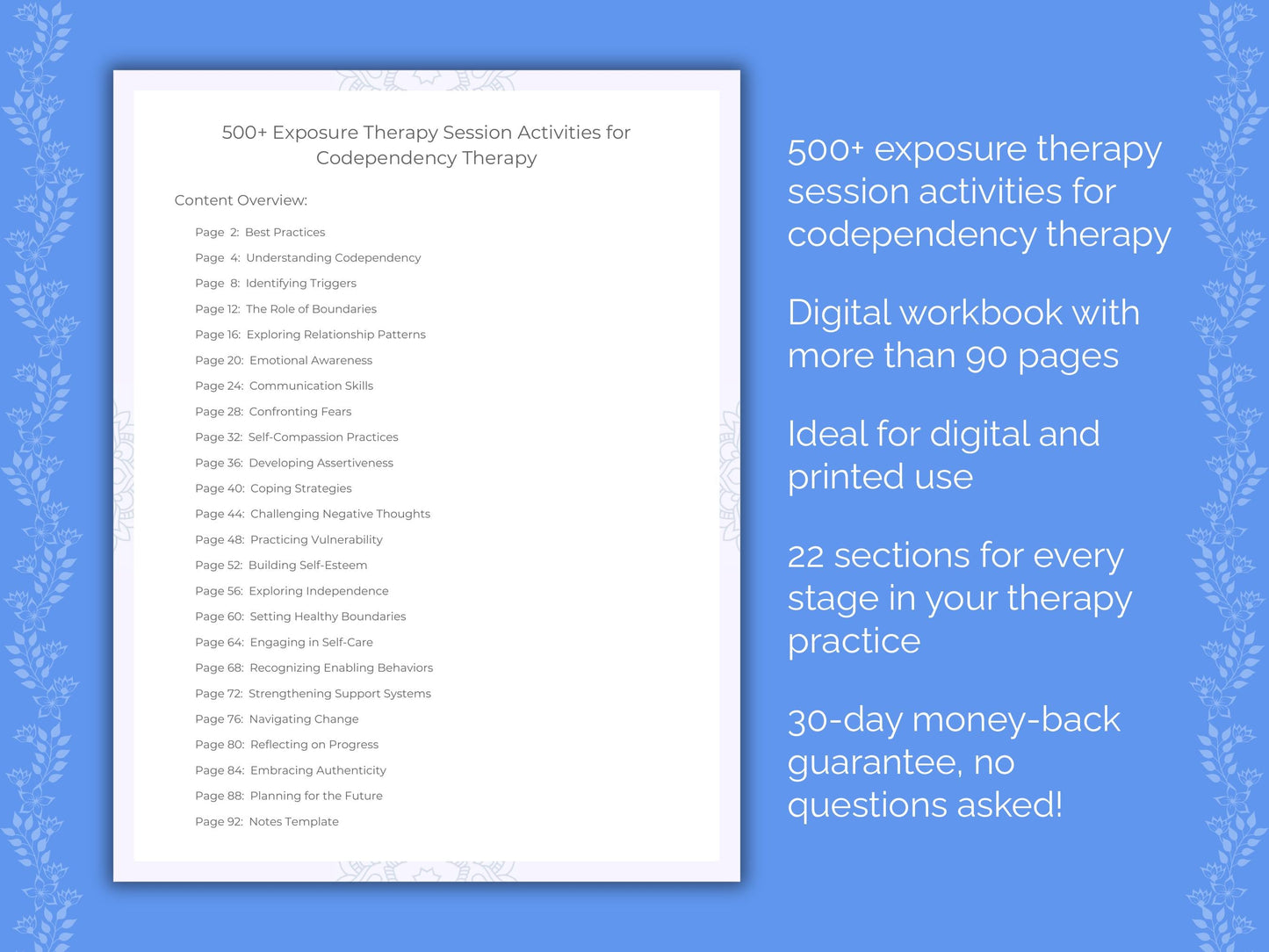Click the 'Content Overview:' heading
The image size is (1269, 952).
(x=241, y=200)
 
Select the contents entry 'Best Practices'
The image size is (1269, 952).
(x=285, y=233)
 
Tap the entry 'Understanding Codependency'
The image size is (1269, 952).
(x=333, y=258)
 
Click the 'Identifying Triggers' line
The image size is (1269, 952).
(x=300, y=284)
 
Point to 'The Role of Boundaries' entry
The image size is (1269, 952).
(x=311, y=309)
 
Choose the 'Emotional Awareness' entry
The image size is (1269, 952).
(x=310, y=361)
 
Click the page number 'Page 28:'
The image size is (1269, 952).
(x=219, y=412)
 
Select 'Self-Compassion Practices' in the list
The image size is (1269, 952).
(x=323, y=437)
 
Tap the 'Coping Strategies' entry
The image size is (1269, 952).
(x=300, y=488)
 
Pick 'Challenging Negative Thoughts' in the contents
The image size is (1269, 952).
(x=340, y=515)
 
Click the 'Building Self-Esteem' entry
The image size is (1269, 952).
(x=307, y=566)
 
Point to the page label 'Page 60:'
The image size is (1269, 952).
(x=220, y=617)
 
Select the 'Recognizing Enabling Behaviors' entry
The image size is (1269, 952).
(x=341, y=668)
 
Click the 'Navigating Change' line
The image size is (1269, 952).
(x=303, y=719)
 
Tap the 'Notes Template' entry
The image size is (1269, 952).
(x=293, y=822)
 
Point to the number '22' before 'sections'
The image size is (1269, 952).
(x=805, y=557)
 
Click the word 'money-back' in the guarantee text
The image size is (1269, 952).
(x=1016, y=720)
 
